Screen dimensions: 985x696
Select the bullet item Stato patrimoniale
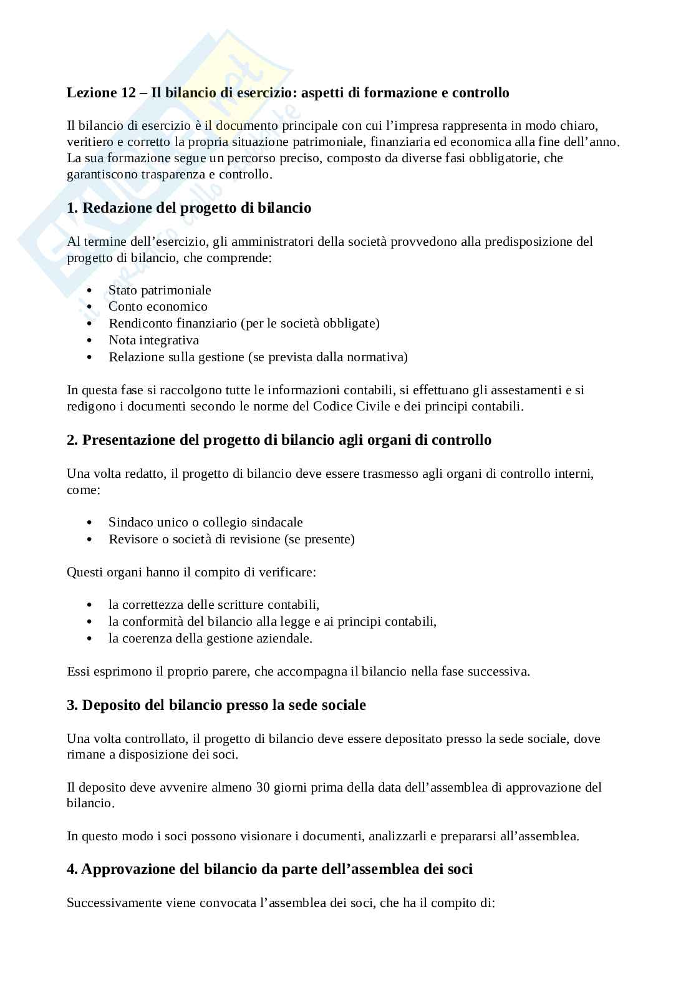click(x=160, y=290)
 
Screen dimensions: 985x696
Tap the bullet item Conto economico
click(x=158, y=306)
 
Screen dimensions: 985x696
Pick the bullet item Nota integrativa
click(x=153, y=340)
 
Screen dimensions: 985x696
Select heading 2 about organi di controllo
click(x=279, y=440)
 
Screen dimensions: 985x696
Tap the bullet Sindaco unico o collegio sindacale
click(x=205, y=522)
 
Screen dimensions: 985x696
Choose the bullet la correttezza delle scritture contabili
click(x=214, y=604)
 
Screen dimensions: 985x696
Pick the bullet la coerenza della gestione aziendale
click(x=210, y=638)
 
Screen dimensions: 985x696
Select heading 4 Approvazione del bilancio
click(x=269, y=868)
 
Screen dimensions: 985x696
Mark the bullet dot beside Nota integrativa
click(x=91, y=341)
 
